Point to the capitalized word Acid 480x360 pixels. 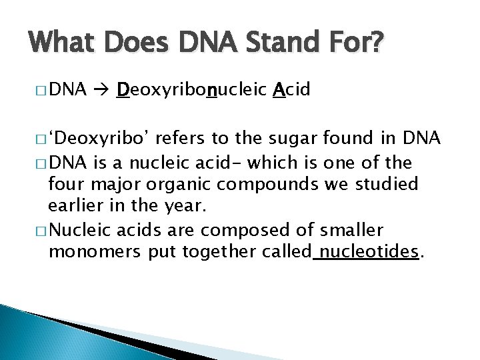[292, 90]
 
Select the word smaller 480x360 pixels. [351, 230]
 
